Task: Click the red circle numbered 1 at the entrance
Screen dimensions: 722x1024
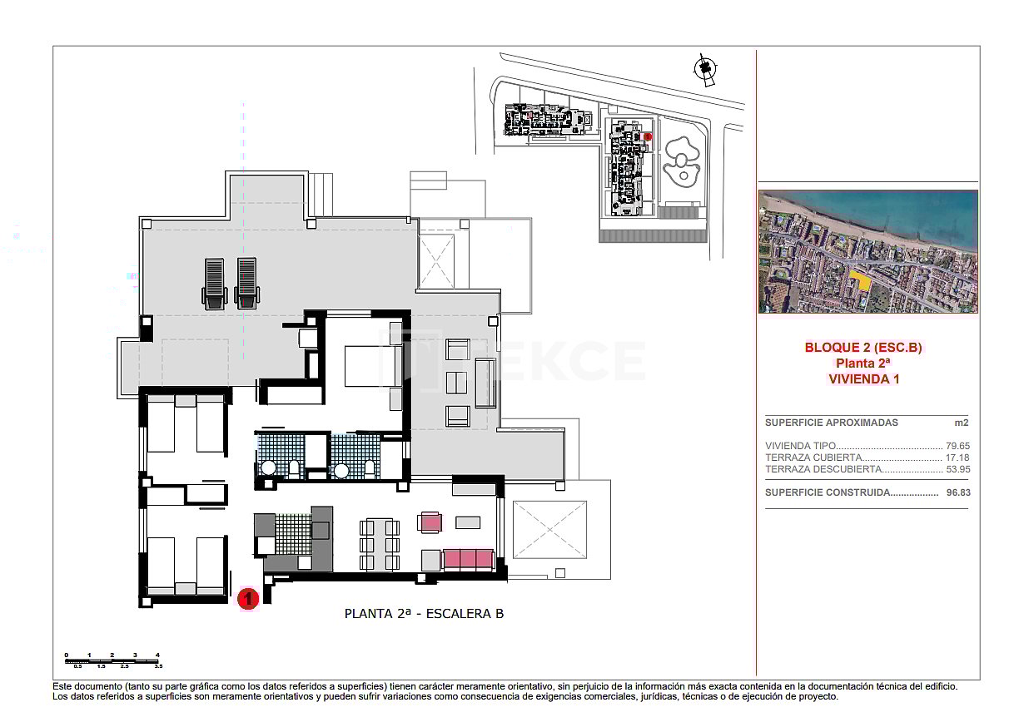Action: (x=247, y=597)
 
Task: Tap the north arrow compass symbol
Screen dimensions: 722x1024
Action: (x=706, y=70)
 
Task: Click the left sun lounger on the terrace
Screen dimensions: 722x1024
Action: (x=214, y=283)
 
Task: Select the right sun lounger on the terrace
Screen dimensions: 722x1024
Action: (x=246, y=283)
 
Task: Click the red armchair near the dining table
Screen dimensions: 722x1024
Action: (x=430, y=522)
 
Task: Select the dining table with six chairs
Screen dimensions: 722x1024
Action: (x=379, y=544)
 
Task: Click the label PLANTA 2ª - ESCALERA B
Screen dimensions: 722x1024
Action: (x=424, y=614)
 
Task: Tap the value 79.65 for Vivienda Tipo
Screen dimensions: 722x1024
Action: (x=957, y=446)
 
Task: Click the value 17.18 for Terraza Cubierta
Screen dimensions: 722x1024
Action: (x=957, y=457)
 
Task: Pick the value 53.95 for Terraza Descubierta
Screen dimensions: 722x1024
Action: (x=957, y=469)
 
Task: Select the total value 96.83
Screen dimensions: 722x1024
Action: (x=958, y=492)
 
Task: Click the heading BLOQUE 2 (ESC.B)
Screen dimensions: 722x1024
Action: (x=863, y=348)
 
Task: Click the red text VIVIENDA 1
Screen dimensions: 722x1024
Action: (x=863, y=378)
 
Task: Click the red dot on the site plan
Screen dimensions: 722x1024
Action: (x=649, y=136)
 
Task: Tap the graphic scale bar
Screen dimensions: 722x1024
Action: (x=112, y=661)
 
